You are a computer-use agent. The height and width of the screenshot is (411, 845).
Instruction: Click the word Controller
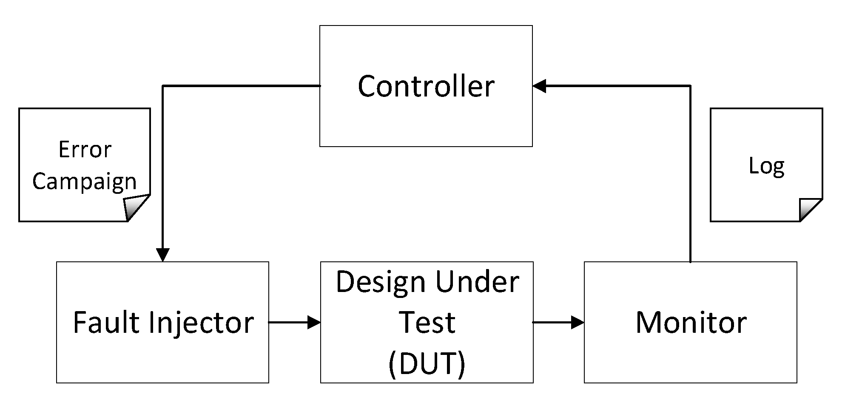point(426,86)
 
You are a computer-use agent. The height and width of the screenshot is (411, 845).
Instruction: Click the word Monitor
point(691,323)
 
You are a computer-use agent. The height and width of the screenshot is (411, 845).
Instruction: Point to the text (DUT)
point(427,363)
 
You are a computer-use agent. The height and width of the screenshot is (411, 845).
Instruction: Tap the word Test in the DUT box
point(427,323)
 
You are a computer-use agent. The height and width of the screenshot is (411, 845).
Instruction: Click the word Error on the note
point(85,150)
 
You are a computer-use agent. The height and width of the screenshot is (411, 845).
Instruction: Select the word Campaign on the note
point(85,181)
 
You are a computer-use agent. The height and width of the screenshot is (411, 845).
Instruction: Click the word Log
point(766,166)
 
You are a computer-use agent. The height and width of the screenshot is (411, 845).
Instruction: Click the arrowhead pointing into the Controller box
point(539,86)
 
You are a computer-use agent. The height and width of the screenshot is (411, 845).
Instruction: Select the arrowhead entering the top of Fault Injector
point(163,255)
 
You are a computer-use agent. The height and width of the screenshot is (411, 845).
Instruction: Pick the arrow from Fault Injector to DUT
point(294,323)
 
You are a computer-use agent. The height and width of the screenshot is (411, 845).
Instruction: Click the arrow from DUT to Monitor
point(558,323)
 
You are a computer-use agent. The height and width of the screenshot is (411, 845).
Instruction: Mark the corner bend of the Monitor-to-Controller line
point(690,86)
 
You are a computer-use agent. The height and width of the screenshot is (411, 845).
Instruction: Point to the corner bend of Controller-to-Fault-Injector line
point(163,86)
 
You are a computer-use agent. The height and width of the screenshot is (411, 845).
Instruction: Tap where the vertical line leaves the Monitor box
point(690,262)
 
